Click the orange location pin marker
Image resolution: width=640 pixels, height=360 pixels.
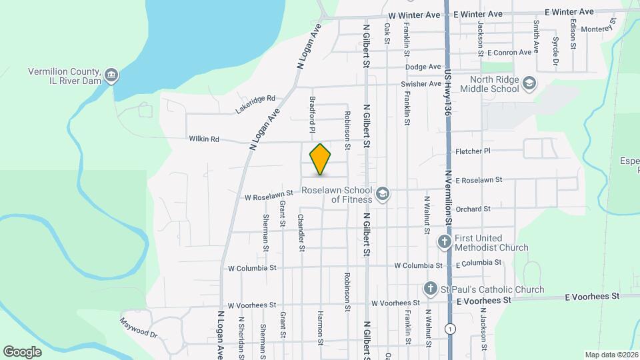(320, 159)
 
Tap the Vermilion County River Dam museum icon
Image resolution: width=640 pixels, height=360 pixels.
(112, 75)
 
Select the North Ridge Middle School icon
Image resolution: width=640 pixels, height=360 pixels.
(529, 83)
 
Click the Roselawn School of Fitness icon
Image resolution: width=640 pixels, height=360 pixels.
(383, 194)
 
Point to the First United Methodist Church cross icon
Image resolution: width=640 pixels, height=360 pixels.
(445, 243)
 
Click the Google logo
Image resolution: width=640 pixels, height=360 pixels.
(22, 351)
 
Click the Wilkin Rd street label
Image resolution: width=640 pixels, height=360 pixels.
(204, 139)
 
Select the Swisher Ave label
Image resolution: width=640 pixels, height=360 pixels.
(421, 84)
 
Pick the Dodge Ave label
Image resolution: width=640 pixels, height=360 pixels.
(423, 67)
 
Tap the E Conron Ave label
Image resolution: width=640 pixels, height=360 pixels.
(513, 51)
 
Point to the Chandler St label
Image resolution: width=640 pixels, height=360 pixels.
(301, 233)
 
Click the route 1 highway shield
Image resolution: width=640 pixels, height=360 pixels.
(451, 329)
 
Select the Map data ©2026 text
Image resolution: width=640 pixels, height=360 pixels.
(611, 355)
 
